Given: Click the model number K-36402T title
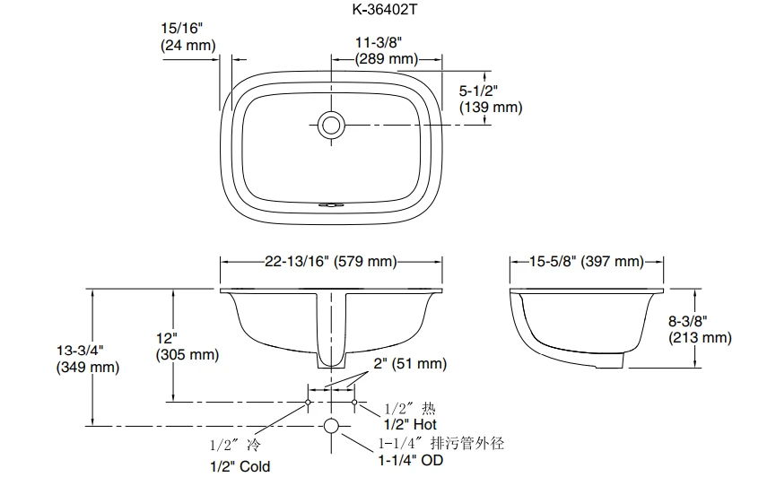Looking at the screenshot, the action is (385, 9).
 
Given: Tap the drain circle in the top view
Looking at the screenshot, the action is (331, 125).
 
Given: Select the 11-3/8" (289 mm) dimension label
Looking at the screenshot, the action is (387, 50).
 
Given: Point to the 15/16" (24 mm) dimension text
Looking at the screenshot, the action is (188, 37).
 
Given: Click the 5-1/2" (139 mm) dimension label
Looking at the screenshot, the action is (491, 99).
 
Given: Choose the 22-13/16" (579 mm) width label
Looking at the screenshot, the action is (331, 261).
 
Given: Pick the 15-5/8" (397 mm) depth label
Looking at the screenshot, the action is (587, 261).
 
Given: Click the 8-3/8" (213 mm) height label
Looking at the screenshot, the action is (700, 330).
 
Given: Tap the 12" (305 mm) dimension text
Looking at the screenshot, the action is (187, 346).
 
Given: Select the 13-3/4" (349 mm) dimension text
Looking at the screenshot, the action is (88, 359).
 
